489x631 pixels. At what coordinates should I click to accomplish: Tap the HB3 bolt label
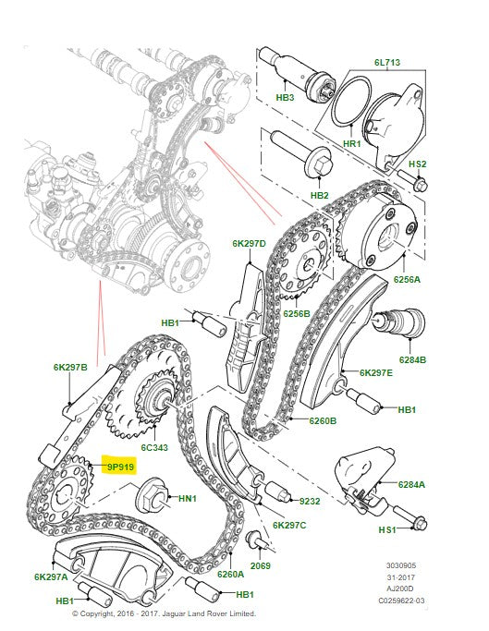[x=285, y=97]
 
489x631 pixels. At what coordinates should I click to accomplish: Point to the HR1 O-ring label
[x=352, y=144]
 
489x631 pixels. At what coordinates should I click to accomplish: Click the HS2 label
[x=417, y=164]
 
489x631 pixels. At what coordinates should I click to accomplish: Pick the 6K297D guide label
[x=249, y=244]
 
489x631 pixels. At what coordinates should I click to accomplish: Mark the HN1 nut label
[x=188, y=500]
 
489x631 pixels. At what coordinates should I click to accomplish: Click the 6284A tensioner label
[x=411, y=484]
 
